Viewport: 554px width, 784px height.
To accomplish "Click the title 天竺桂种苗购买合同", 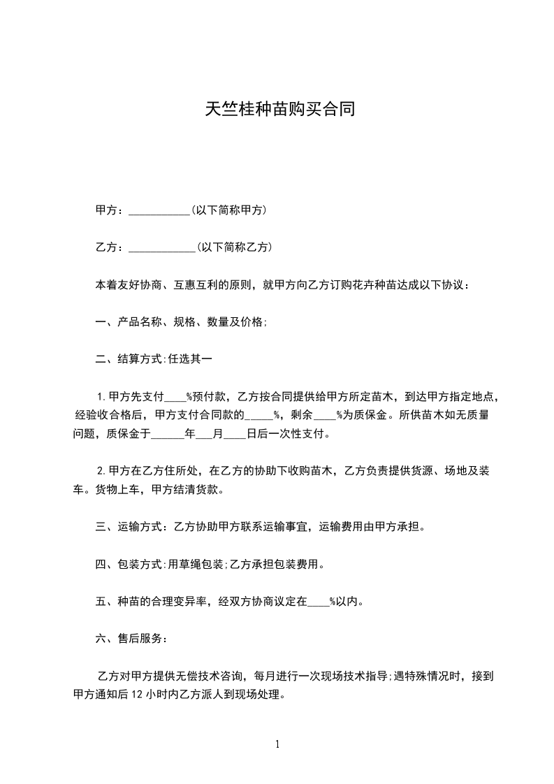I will point(277,109).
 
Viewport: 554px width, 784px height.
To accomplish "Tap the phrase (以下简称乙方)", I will point(234,247).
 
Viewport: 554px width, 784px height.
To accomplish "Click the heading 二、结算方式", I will point(129,360).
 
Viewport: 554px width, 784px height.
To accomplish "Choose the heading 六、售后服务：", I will point(131,639).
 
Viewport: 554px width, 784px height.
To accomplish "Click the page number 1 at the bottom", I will point(277,744).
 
